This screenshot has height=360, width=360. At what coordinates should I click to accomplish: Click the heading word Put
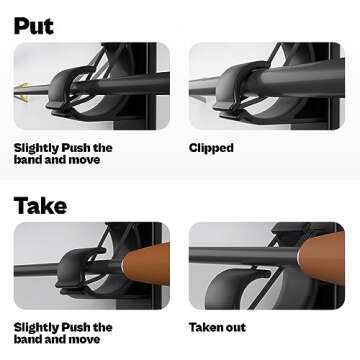(34, 25)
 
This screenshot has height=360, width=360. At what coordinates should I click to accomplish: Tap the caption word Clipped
(211, 148)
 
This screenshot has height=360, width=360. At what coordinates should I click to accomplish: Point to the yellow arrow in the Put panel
(21, 92)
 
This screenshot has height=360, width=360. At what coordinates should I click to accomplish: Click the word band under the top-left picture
(27, 159)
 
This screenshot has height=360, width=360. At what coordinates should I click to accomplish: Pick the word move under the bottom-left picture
(84, 340)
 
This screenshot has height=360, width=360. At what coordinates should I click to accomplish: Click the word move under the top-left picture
(84, 160)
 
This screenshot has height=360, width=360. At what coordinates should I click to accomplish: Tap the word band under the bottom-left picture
(27, 339)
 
